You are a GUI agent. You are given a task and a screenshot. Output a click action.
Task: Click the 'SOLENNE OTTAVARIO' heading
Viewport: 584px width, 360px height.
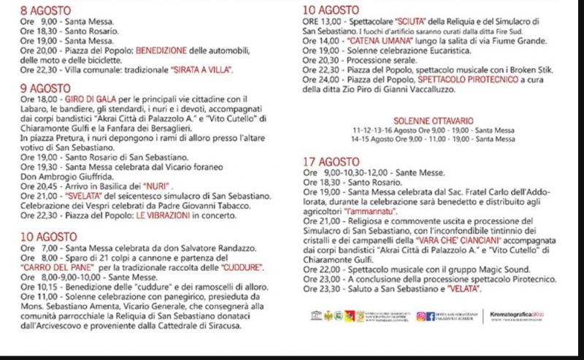[x=433, y=119]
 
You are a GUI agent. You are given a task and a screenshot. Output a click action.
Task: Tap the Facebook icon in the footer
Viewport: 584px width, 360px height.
[x=431, y=315]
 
